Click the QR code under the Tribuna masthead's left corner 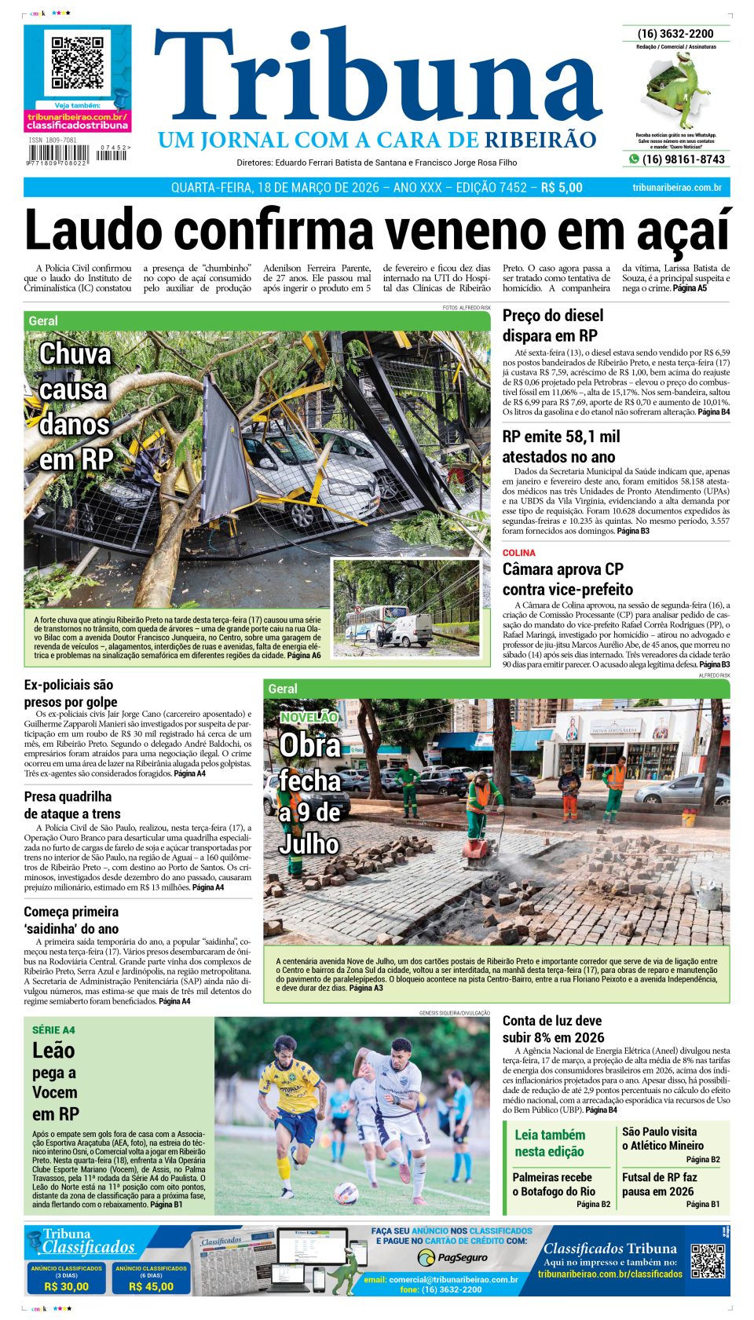click(x=77, y=63)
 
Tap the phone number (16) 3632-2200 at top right click(x=675, y=34)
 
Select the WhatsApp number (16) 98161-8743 click(x=683, y=159)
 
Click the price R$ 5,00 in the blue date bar click(x=562, y=188)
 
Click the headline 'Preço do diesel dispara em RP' click(x=553, y=326)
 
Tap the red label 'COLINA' click(x=518, y=553)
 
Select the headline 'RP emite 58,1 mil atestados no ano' click(x=560, y=447)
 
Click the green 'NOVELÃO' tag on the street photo click(x=309, y=717)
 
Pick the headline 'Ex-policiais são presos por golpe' click(x=71, y=693)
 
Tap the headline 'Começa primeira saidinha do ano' click(x=71, y=920)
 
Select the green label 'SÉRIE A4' click(x=53, y=1029)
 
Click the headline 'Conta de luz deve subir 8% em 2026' click(x=553, y=1029)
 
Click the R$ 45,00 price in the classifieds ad click(x=151, y=1286)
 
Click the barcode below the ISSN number click(x=57, y=155)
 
